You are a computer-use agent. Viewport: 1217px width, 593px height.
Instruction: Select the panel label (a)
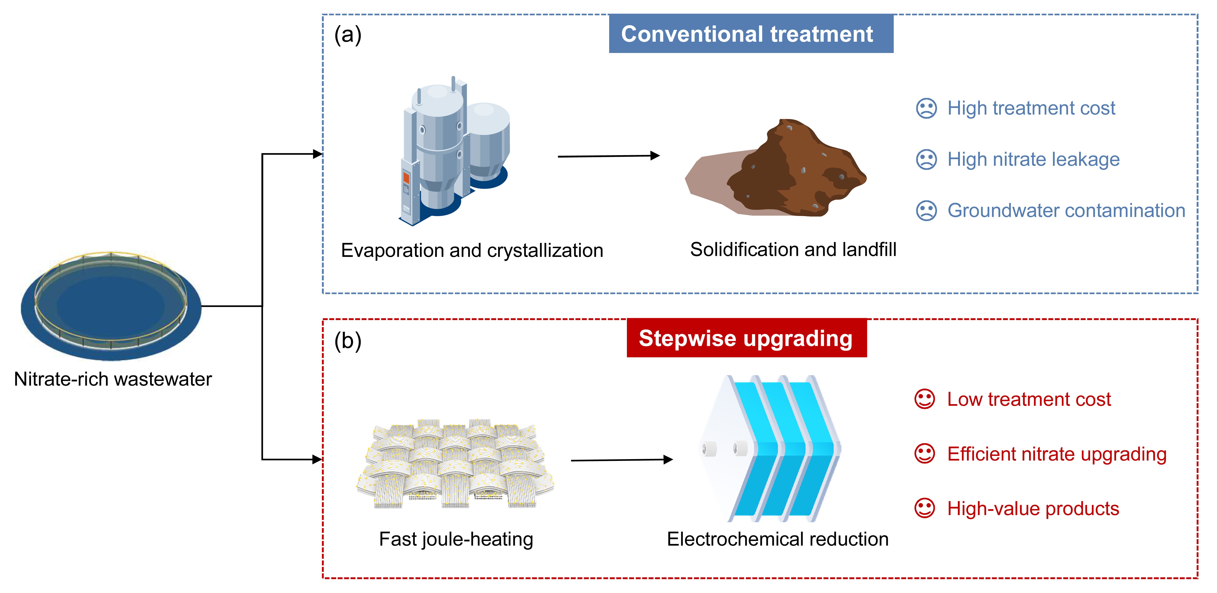[348, 35]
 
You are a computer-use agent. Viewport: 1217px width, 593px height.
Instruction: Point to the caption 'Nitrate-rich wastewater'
[113, 379]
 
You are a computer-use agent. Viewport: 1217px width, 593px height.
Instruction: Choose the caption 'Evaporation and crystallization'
[472, 251]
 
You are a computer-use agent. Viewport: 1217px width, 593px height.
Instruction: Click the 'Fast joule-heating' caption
[456, 539]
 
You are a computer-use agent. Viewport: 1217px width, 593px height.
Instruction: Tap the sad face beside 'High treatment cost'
[926, 108]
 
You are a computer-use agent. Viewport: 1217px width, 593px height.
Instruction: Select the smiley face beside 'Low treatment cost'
[925, 399]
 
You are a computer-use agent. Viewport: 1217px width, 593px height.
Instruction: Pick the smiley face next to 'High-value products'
[925, 508]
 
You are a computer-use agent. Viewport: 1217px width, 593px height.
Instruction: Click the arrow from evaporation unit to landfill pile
[609, 156]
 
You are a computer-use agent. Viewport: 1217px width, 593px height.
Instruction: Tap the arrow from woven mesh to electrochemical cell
[622, 460]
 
